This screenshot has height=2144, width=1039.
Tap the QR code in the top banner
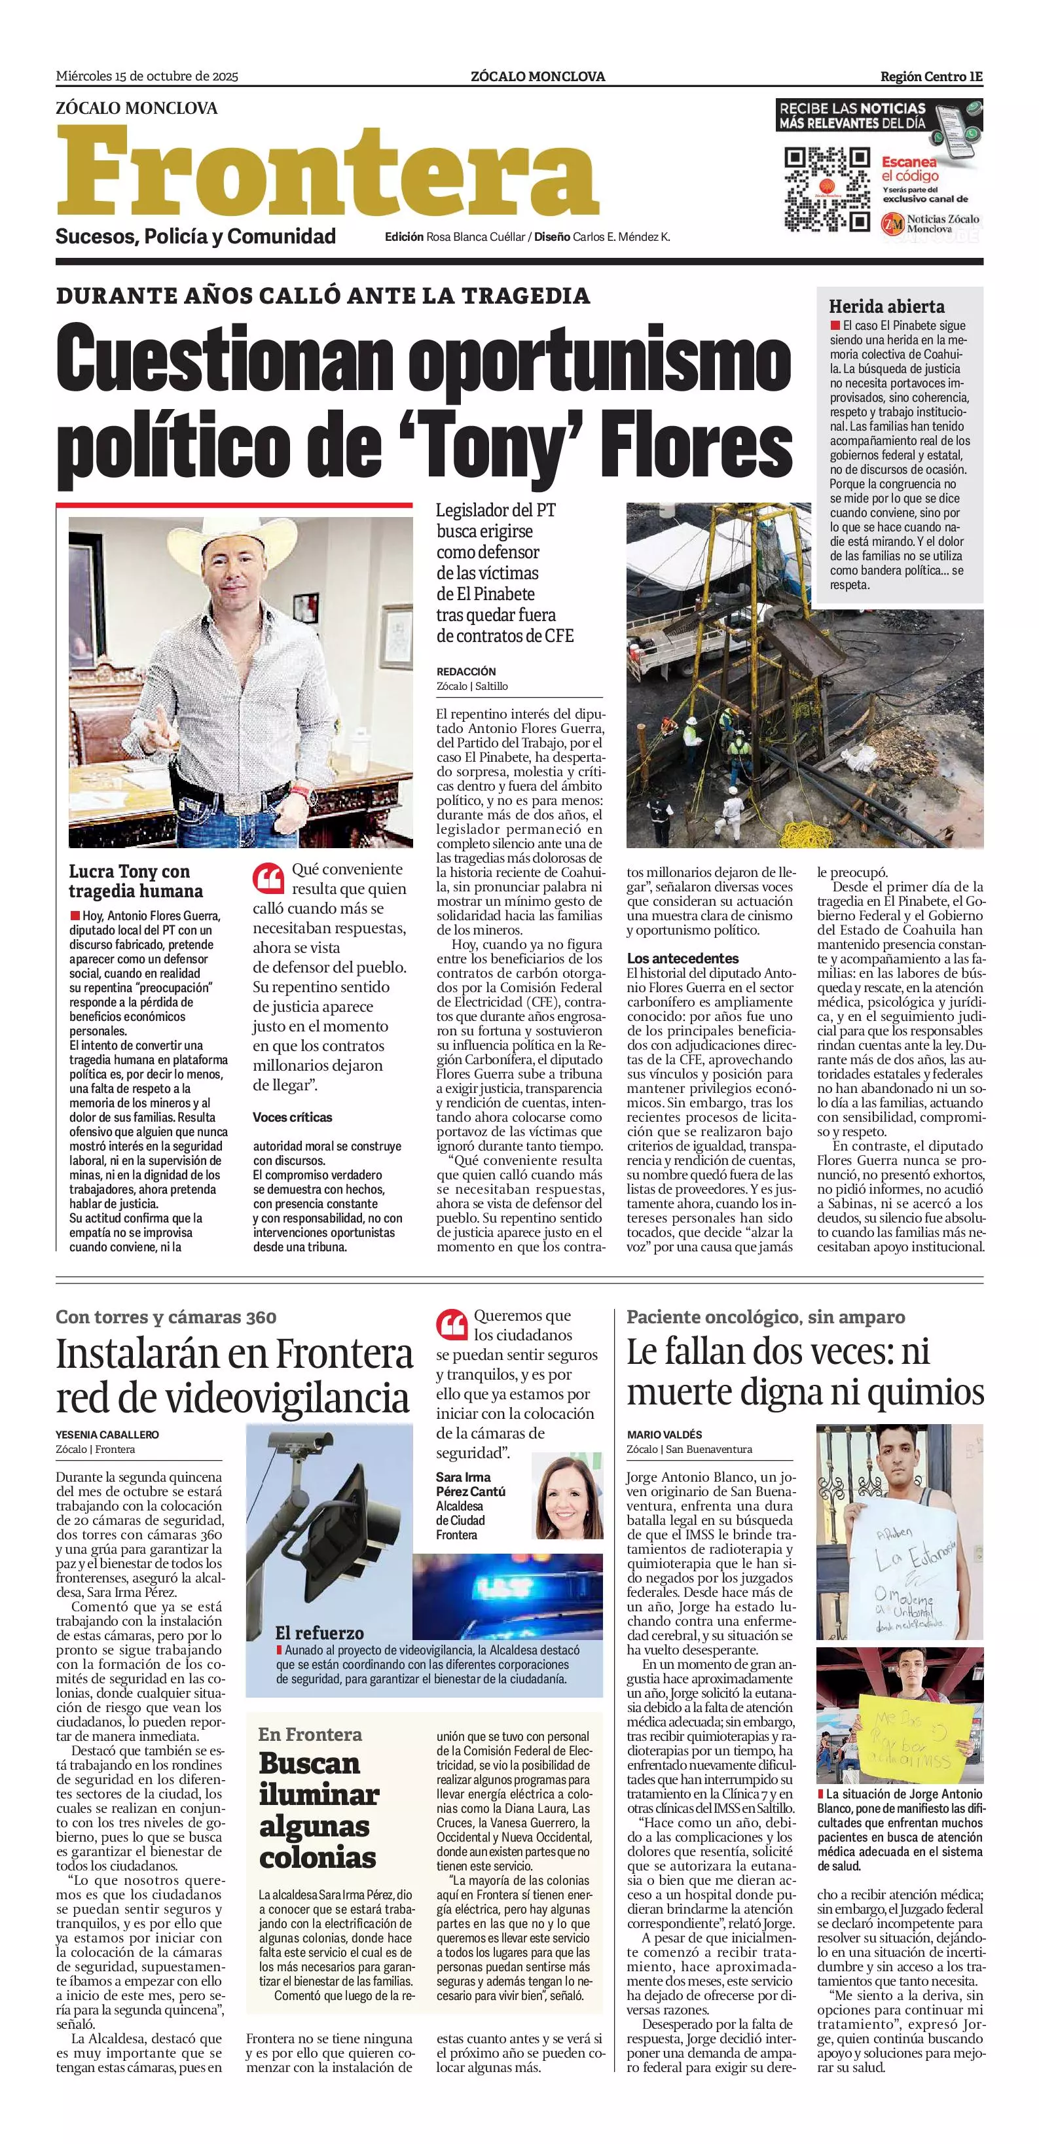pos(827,190)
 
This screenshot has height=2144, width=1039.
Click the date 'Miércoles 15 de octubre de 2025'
pos(147,77)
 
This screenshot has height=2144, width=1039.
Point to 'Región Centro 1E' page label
pos(931,77)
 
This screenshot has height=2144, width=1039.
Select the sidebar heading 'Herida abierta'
pos(886,306)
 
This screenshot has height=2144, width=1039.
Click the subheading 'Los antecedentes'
pos(683,958)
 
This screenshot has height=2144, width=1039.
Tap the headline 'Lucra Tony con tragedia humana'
pos(136,881)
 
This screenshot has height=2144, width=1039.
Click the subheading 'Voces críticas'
pos(292,1117)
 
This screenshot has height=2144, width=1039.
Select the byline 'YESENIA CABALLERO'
pos(107,1435)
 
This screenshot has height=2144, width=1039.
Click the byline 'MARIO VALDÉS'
pos(665,1434)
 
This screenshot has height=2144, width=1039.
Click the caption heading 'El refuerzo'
pos(319,1633)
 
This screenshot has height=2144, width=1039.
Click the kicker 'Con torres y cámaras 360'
pos(166,1317)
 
